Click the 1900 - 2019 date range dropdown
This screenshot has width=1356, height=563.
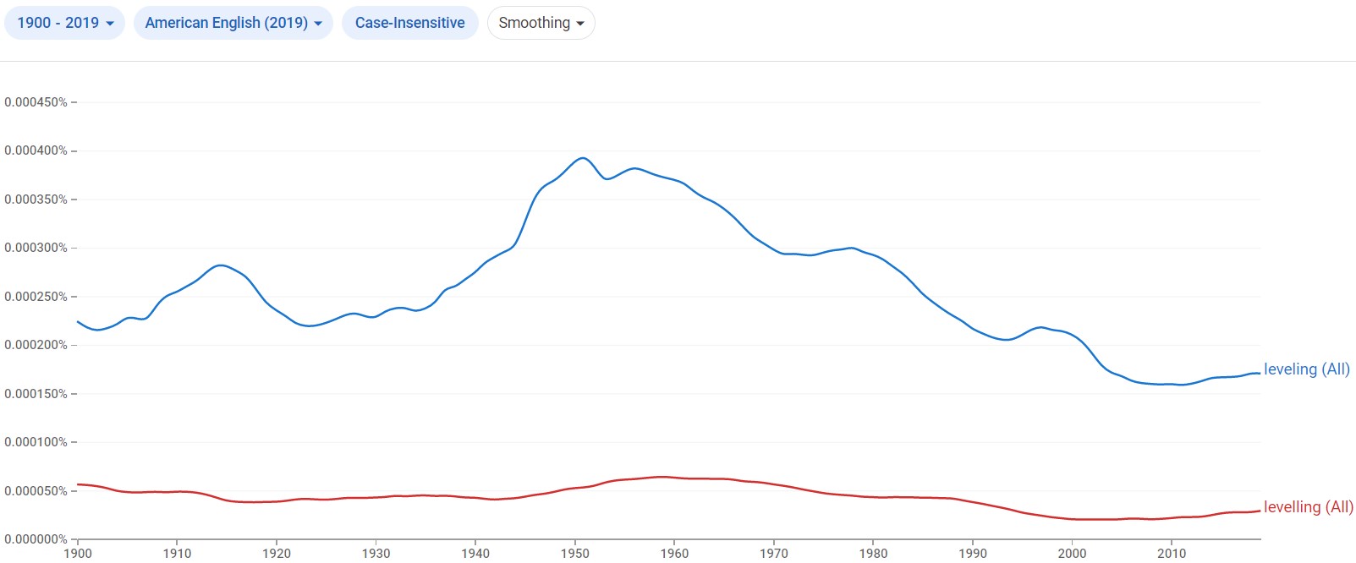(x=65, y=23)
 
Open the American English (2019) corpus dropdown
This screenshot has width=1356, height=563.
(x=233, y=23)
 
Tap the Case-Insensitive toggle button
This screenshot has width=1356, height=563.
(x=409, y=23)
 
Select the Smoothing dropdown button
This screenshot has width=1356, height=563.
(x=541, y=23)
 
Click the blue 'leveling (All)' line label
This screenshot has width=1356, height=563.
(x=1306, y=369)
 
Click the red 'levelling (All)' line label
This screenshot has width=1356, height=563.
(x=1308, y=507)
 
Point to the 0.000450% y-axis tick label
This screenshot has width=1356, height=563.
(x=36, y=102)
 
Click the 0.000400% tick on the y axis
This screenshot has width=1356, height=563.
(x=36, y=150)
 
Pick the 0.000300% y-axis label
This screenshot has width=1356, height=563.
(x=36, y=248)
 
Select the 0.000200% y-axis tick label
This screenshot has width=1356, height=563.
(x=36, y=345)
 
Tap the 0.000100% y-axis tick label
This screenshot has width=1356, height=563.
(x=36, y=442)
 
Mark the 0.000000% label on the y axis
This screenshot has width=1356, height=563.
(x=36, y=539)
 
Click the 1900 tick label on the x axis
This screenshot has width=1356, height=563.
(x=78, y=554)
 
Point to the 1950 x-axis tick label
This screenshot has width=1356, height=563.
(x=575, y=554)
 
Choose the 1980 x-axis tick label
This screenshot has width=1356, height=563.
(x=873, y=554)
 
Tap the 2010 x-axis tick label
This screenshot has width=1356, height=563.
(x=1172, y=554)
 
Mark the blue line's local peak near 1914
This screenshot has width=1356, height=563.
(x=221, y=265)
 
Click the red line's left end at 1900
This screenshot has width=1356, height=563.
(x=78, y=484)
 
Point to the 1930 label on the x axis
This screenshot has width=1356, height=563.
(x=376, y=554)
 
